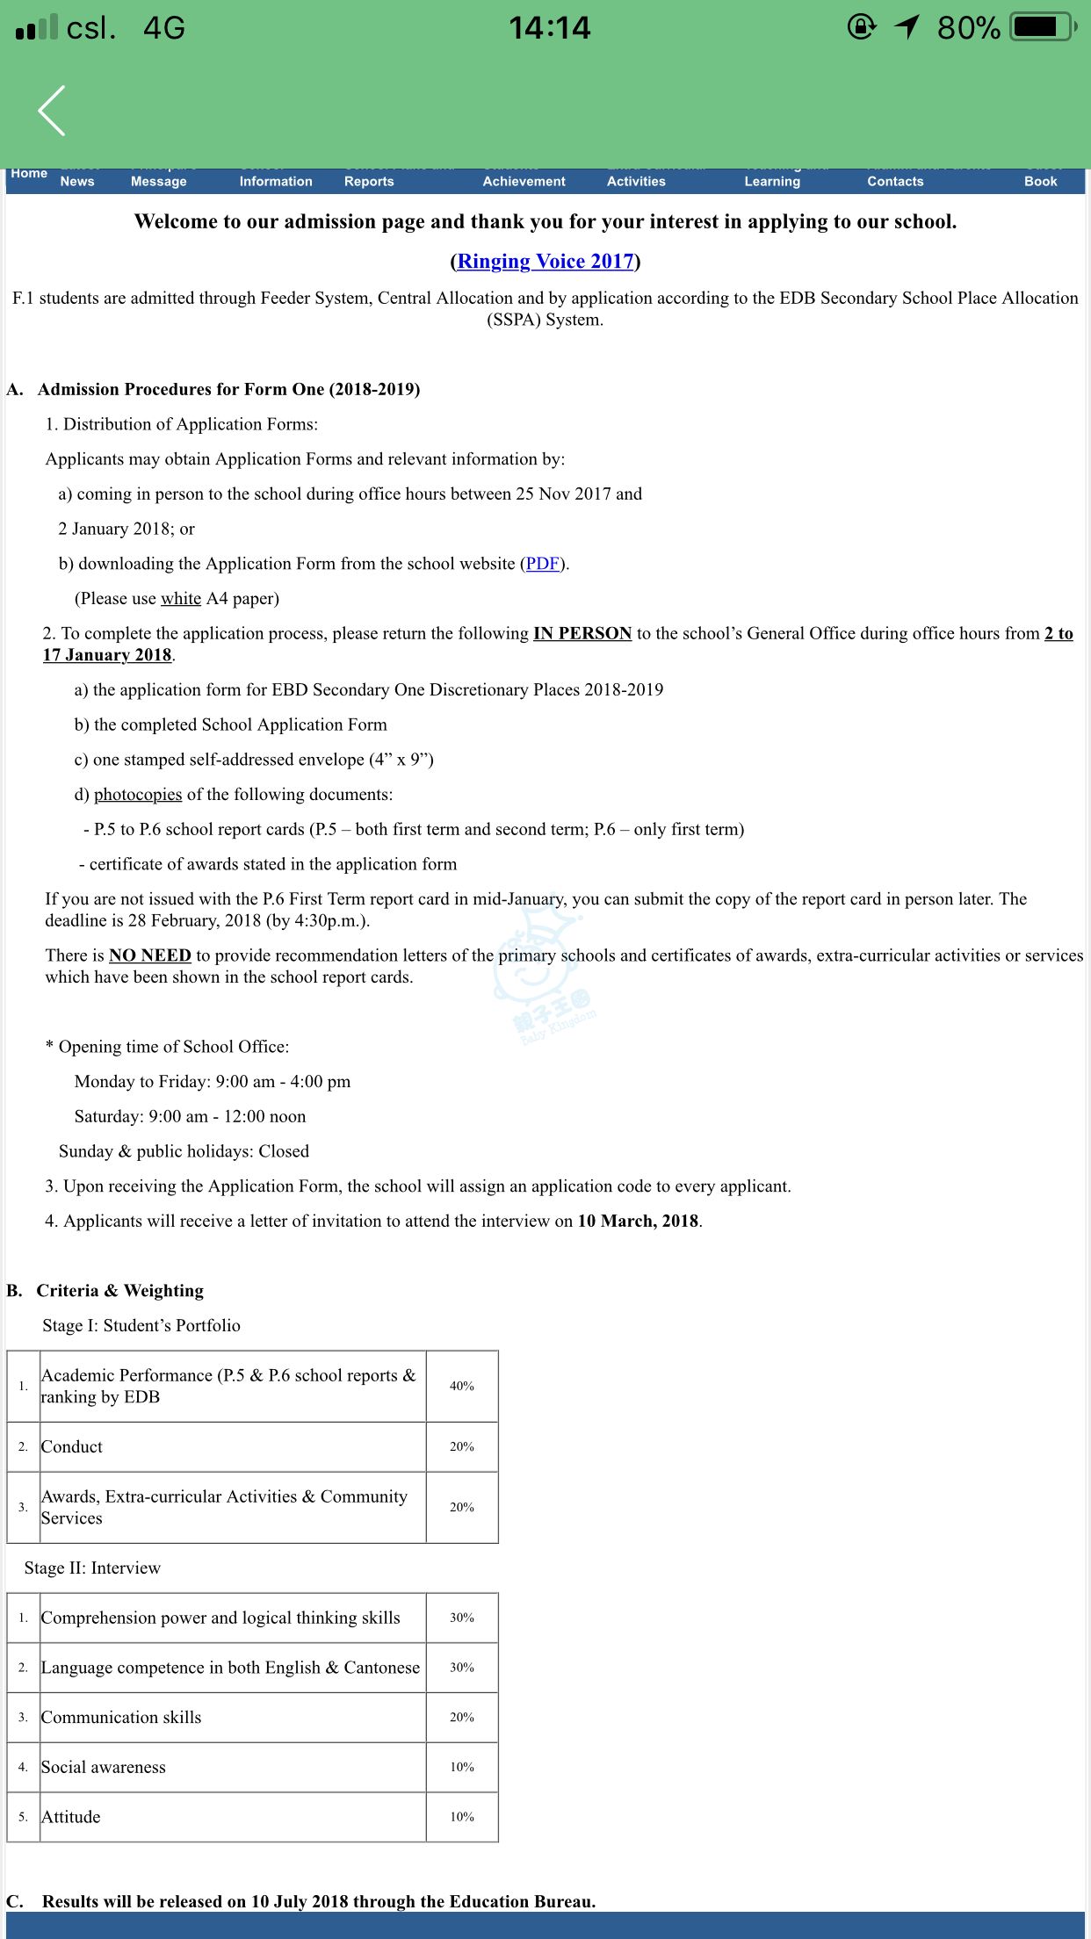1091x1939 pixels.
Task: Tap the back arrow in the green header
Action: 52,111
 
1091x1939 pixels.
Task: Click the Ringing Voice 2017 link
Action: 545,261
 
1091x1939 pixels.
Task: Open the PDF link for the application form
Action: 542,564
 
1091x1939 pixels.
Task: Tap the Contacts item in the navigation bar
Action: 895,181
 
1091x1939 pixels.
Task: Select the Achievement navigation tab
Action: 524,181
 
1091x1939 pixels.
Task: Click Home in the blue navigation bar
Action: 29,174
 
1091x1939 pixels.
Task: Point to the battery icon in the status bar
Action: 1044,27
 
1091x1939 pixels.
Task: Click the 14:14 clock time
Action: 550,28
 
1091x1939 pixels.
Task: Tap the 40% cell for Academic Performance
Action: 462,1386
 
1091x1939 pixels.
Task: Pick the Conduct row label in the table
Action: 72,1446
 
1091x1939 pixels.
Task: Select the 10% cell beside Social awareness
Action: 462,1767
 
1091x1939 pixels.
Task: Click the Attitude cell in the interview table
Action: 71,1817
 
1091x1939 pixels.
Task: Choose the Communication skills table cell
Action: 121,1717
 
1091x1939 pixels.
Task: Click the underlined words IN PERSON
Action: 582,633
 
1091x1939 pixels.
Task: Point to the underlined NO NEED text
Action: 150,955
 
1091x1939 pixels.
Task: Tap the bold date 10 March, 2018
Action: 638,1221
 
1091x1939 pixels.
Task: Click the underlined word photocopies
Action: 138,795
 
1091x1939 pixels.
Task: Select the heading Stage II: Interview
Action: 93,1568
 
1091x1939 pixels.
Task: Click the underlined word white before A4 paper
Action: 181,599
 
